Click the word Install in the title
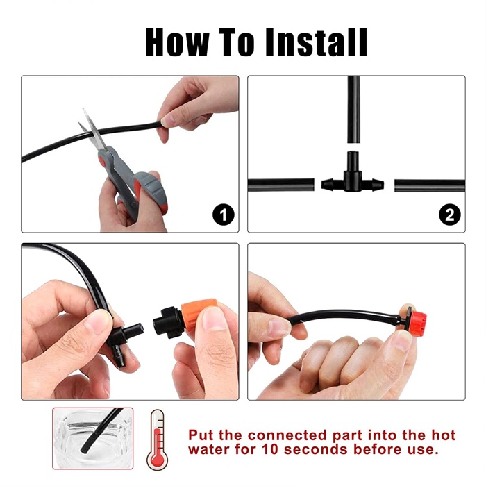click(316, 42)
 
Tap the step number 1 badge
click(224, 215)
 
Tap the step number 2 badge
click(450, 215)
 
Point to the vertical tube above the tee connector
click(353, 109)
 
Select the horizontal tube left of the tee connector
click(281, 185)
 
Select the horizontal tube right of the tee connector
click(430, 185)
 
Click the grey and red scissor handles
click(133, 183)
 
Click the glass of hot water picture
click(92, 438)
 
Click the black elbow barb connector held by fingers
click(124, 342)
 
